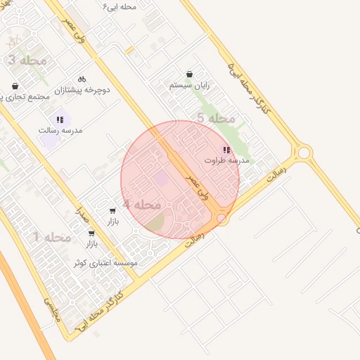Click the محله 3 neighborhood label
[27, 60]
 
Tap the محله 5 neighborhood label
[215, 118]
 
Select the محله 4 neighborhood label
[141, 204]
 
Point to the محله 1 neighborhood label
[51, 237]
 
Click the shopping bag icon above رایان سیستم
[190, 74]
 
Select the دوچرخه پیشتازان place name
[85, 90]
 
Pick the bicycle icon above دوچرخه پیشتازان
[82, 79]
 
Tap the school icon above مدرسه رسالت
[60, 120]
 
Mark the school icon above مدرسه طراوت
[226, 150]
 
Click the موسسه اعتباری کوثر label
[105, 262]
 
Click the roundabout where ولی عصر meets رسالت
[222, 219]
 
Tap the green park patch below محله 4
[155, 224]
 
